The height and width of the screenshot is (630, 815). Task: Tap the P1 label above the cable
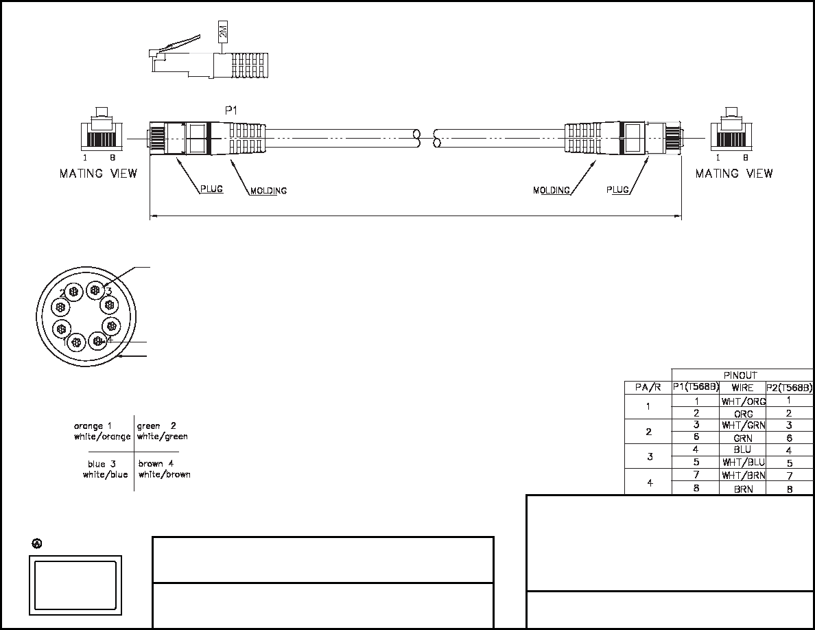coord(231,110)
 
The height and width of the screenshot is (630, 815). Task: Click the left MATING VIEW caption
coord(98,174)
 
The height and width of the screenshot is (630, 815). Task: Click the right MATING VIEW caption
coord(734,174)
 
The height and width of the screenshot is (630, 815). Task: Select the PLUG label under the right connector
coord(617,189)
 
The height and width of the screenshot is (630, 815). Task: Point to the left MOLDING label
coord(268,191)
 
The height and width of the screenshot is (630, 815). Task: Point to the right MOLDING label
coord(552,190)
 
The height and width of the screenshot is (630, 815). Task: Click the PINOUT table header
coord(740,375)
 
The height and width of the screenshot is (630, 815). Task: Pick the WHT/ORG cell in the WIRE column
coord(743,401)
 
